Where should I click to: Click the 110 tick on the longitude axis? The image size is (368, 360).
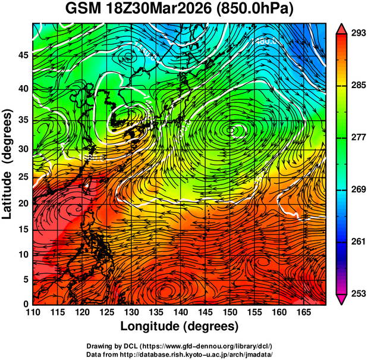point(33,311)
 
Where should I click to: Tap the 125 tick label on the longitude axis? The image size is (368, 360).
point(106,311)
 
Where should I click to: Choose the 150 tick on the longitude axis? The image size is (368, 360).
point(228,311)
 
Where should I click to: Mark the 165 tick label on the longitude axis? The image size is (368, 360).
point(301,311)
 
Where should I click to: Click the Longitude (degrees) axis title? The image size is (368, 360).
point(180,326)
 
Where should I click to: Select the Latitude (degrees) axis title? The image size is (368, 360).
point(8,164)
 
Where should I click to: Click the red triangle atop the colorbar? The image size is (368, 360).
point(342,28)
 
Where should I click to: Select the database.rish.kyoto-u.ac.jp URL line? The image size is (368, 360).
point(180,354)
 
